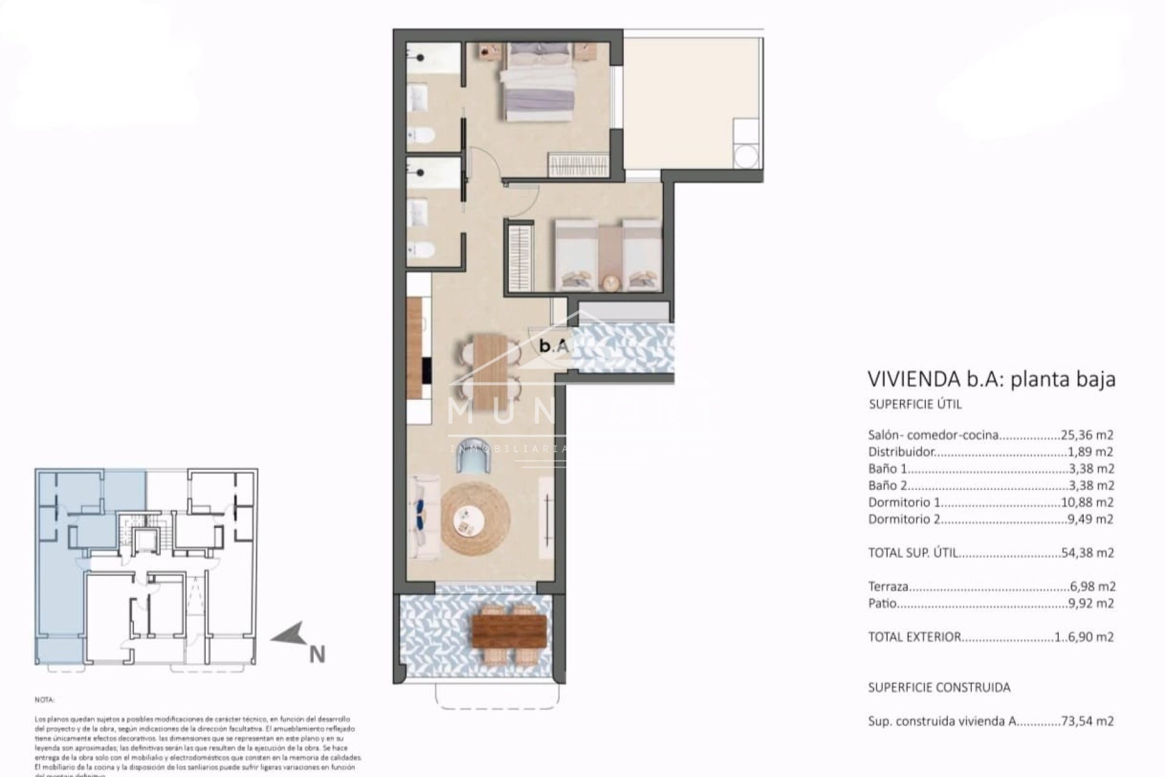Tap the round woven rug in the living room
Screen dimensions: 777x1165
click(472, 520)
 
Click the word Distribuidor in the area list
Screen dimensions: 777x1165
click(901, 452)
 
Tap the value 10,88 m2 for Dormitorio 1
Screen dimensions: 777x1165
click(1090, 502)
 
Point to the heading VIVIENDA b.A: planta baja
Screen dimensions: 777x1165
click(991, 379)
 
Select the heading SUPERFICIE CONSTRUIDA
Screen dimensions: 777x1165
click(939, 688)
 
